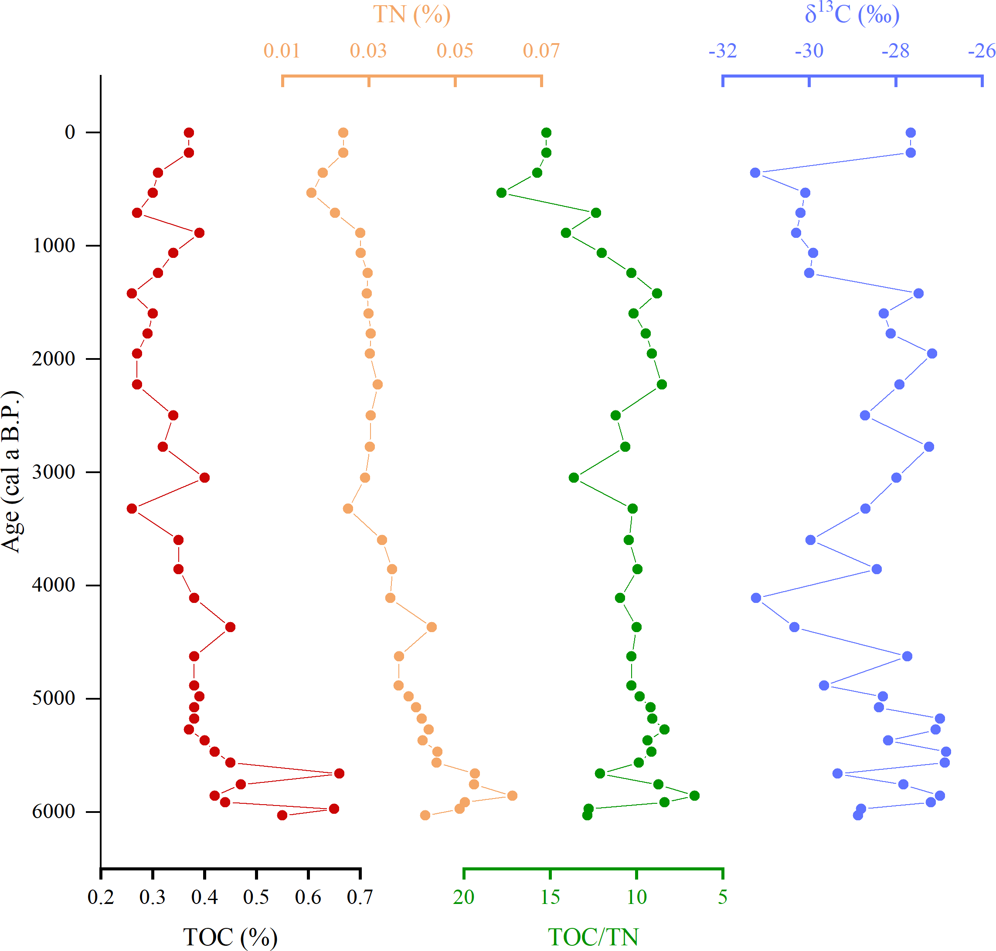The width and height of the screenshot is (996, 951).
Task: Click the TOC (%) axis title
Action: pyautogui.click(x=230, y=937)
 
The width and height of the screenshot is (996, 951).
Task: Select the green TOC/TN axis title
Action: pyautogui.click(x=593, y=937)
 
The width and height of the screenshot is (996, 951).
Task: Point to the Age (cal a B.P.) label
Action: pyautogui.click(x=11, y=471)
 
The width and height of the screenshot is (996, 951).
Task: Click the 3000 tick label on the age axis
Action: pyautogui.click(x=53, y=472)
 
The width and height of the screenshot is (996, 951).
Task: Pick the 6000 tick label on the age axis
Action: pyautogui.click(x=53, y=812)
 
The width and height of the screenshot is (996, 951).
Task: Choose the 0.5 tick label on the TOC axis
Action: pyautogui.click(x=256, y=897)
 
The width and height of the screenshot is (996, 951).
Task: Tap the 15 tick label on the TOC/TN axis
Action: pyautogui.click(x=550, y=897)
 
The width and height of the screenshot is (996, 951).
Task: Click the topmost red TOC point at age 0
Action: pyautogui.click(x=189, y=133)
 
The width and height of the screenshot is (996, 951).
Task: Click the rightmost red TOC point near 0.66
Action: pyautogui.click(x=339, y=774)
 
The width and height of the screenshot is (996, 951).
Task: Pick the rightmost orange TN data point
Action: pyautogui.click(x=512, y=795)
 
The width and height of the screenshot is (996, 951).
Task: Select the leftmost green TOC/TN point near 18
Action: pyautogui.click(x=501, y=193)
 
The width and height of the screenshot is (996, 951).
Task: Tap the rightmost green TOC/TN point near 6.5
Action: pyautogui.click(x=694, y=795)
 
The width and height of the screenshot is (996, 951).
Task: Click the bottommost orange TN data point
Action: pyautogui.click(x=425, y=815)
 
